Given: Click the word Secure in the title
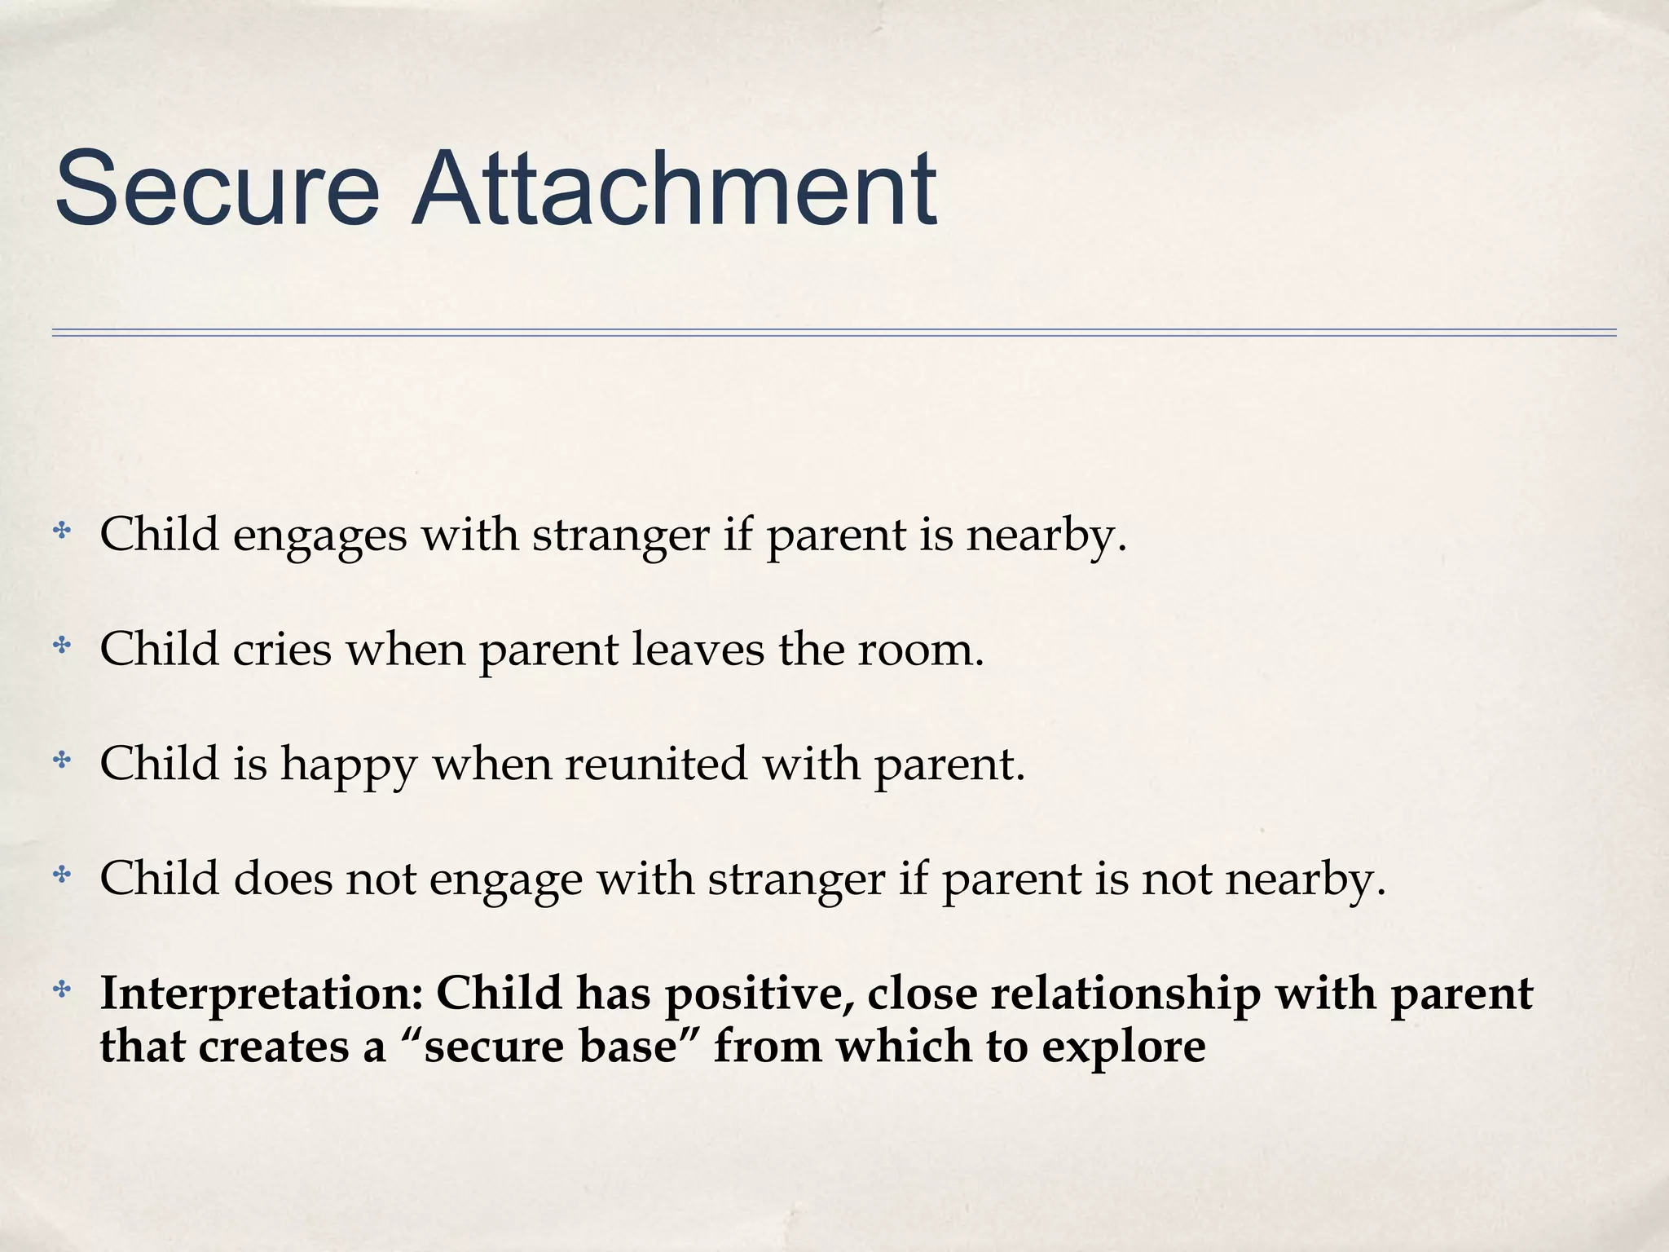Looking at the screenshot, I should click(217, 189).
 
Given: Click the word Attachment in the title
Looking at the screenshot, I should click(673, 189).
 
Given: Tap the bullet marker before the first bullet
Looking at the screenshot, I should click(61, 532).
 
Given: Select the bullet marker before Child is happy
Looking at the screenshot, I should click(61, 760).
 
